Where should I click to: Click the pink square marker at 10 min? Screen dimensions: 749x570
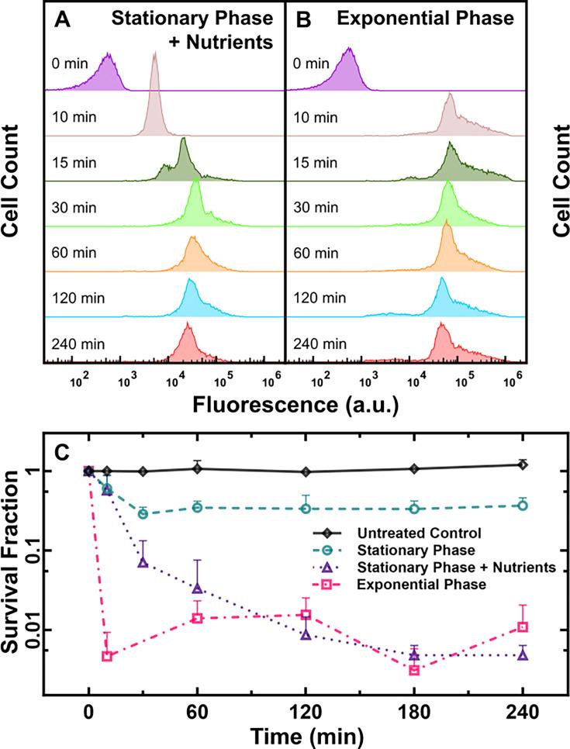pyautogui.click(x=107, y=656)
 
